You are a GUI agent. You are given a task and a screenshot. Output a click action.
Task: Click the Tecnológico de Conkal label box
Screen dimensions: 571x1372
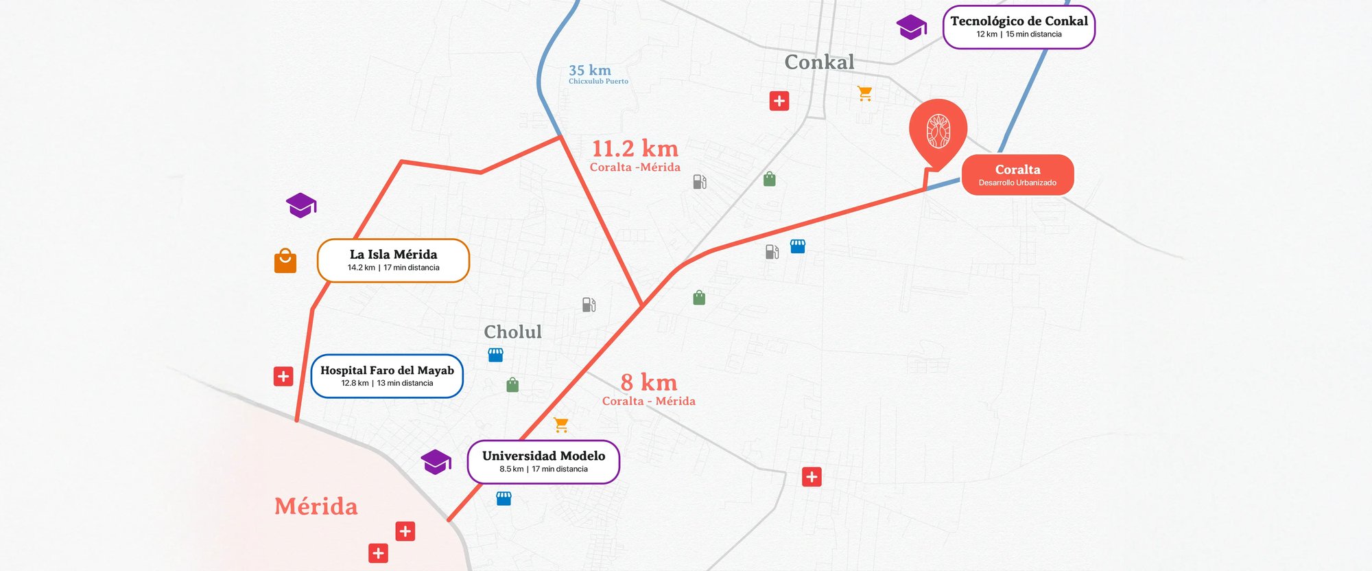click(1019, 27)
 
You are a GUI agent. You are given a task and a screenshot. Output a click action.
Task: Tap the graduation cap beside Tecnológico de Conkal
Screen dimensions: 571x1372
click(911, 27)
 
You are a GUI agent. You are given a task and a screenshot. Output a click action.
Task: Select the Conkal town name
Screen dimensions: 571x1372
click(819, 62)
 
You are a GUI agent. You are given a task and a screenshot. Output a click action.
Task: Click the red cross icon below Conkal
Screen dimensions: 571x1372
click(779, 101)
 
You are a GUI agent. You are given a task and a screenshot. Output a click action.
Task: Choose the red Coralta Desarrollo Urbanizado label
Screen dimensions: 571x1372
click(1017, 175)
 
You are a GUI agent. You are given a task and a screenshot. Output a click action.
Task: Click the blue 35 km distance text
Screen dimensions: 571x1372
click(590, 71)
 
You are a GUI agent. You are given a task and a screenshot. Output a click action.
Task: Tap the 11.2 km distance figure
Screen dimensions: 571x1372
click(635, 149)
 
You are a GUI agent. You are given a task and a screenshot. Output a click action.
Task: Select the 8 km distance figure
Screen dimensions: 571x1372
click(648, 382)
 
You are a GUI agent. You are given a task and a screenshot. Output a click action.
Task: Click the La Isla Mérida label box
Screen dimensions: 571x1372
click(393, 260)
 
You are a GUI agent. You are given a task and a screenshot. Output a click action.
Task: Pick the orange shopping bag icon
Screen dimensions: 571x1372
click(285, 261)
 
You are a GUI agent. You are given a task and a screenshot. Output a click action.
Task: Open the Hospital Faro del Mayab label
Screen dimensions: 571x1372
click(387, 375)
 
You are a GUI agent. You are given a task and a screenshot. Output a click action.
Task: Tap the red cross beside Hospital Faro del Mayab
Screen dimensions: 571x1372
click(283, 376)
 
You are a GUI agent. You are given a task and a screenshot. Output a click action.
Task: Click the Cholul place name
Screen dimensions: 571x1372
click(512, 332)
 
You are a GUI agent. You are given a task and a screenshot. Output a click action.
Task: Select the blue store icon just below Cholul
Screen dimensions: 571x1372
click(495, 355)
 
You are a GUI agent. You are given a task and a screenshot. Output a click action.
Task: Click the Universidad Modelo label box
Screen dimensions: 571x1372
click(543, 462)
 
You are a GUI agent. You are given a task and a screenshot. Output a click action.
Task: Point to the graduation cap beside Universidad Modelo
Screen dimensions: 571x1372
click(436, 462)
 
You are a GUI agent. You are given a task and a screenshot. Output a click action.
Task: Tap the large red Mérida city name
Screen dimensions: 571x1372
click(316, 506)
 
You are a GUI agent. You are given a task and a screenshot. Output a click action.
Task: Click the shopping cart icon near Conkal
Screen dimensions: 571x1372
click(865, 93)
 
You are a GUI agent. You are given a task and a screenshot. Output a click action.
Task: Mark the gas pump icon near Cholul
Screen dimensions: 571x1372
click(589, 304)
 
